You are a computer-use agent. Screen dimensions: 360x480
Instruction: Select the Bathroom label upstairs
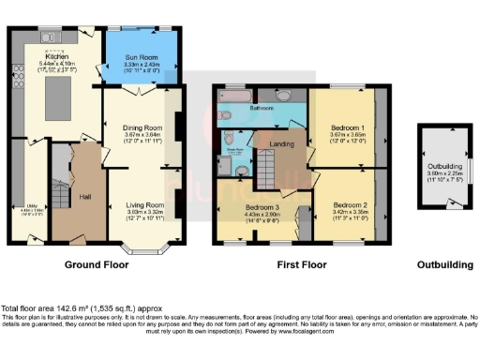261,108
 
